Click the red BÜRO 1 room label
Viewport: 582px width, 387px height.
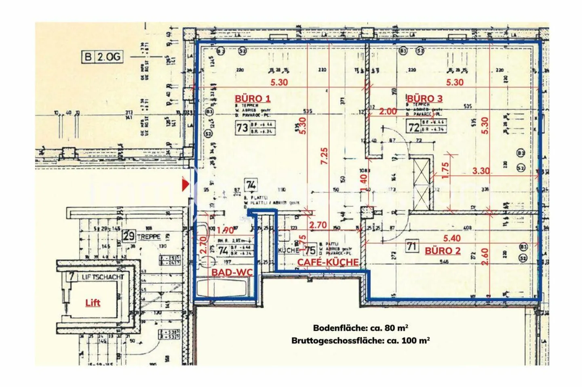(x=252, y=99)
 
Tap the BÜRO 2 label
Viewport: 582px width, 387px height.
(x=443, y=251)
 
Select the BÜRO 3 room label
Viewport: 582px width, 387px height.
(x=424, y=99)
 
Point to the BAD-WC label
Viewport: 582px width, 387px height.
(x=232, y=272)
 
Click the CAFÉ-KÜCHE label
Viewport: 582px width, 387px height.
(x=328, y=262)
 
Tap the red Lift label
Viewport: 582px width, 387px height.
(x=93, y=303)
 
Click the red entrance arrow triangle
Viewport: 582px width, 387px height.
(x=185, y=185)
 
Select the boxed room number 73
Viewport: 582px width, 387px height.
(x=242, y=128)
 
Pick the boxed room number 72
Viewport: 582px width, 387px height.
(x=413, y=127)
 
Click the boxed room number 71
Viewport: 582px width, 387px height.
(x=412, y=246)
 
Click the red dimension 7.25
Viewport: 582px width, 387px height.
(x=324, y=156)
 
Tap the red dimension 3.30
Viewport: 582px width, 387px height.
(x=481, y=171)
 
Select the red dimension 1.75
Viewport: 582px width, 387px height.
(x=445, y=170)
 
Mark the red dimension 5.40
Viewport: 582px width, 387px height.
(x=451, y=238)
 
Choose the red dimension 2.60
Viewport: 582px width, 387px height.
(x=485, y=256)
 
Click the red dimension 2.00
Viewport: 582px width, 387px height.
(x=388, y=111)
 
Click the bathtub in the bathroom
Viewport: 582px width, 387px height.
(x=221, y=288)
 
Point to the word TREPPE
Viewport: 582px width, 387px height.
(x=149, y=237)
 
